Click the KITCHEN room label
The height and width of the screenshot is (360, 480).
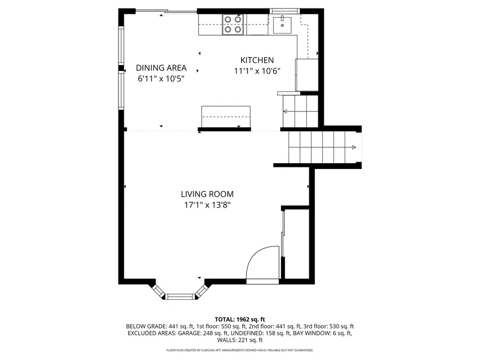click(257, 61)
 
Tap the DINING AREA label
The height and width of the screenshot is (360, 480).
click(161, 68)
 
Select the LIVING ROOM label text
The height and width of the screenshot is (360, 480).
click(207, 195)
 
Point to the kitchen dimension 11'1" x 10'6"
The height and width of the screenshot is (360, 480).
click(257, 71)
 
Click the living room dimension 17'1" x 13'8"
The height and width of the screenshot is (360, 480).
click(207, 205)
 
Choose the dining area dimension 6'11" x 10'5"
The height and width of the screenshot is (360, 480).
click(161, 78)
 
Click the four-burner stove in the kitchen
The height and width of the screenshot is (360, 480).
click(234, 25)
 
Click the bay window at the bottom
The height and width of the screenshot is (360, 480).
click(179, 295)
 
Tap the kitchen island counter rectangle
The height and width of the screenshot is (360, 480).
click(226, 116)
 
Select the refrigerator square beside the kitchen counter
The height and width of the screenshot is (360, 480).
click(306, 75)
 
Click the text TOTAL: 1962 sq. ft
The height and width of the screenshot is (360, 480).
click(239, 319)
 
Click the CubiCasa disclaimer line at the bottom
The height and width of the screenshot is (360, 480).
click(239, 350)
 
